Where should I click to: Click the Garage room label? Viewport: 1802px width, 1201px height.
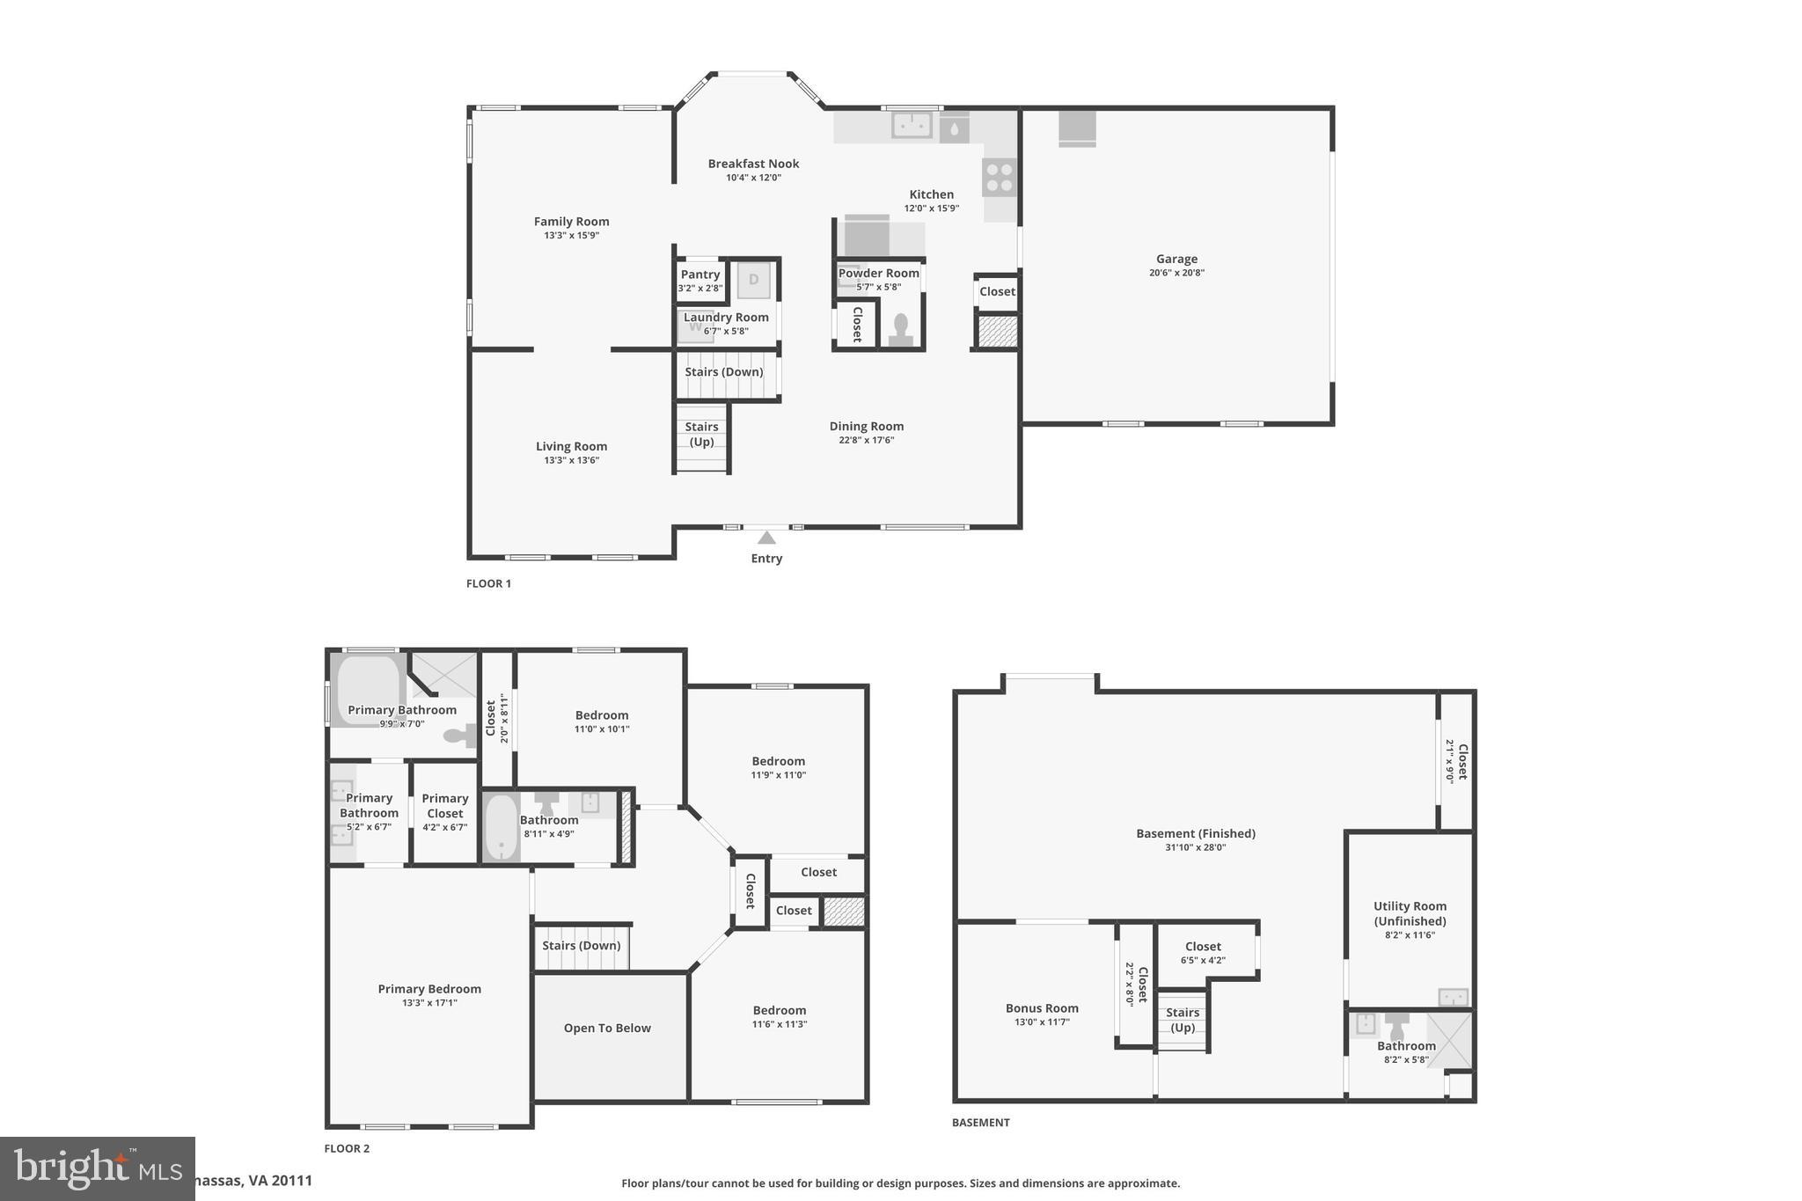tap(1176, 259)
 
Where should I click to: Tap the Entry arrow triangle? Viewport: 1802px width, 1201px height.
tap(766, 538)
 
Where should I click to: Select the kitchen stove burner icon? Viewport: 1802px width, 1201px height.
tap(1000, 177)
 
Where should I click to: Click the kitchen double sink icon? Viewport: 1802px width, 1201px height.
tap(912, 125)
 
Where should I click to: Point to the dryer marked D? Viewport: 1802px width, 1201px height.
tap(753, 281)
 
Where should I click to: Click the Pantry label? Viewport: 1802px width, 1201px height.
tap(700, 275)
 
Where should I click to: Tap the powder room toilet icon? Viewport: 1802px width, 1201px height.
tap(900, 329)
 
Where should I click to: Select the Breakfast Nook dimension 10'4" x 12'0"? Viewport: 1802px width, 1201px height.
tap(753, 178)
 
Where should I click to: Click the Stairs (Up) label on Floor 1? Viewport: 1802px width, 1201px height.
tap(701, 434)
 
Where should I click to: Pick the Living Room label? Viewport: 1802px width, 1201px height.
tap(571, 446)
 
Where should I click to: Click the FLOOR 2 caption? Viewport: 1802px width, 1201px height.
tap(347, 1148)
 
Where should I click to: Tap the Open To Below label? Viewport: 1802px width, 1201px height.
tap(607, 1028)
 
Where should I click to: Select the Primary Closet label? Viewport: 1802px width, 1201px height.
tap(445, 805)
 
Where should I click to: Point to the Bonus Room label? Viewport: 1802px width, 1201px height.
tap(1042, 1008)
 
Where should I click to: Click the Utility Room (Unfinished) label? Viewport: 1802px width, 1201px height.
tap(1410, 913)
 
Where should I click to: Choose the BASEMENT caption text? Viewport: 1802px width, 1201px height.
tap(980, 1122)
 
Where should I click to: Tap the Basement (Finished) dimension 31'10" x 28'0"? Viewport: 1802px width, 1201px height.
tap(1195, 847)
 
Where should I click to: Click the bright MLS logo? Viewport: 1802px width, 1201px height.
tap(97, 1168)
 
